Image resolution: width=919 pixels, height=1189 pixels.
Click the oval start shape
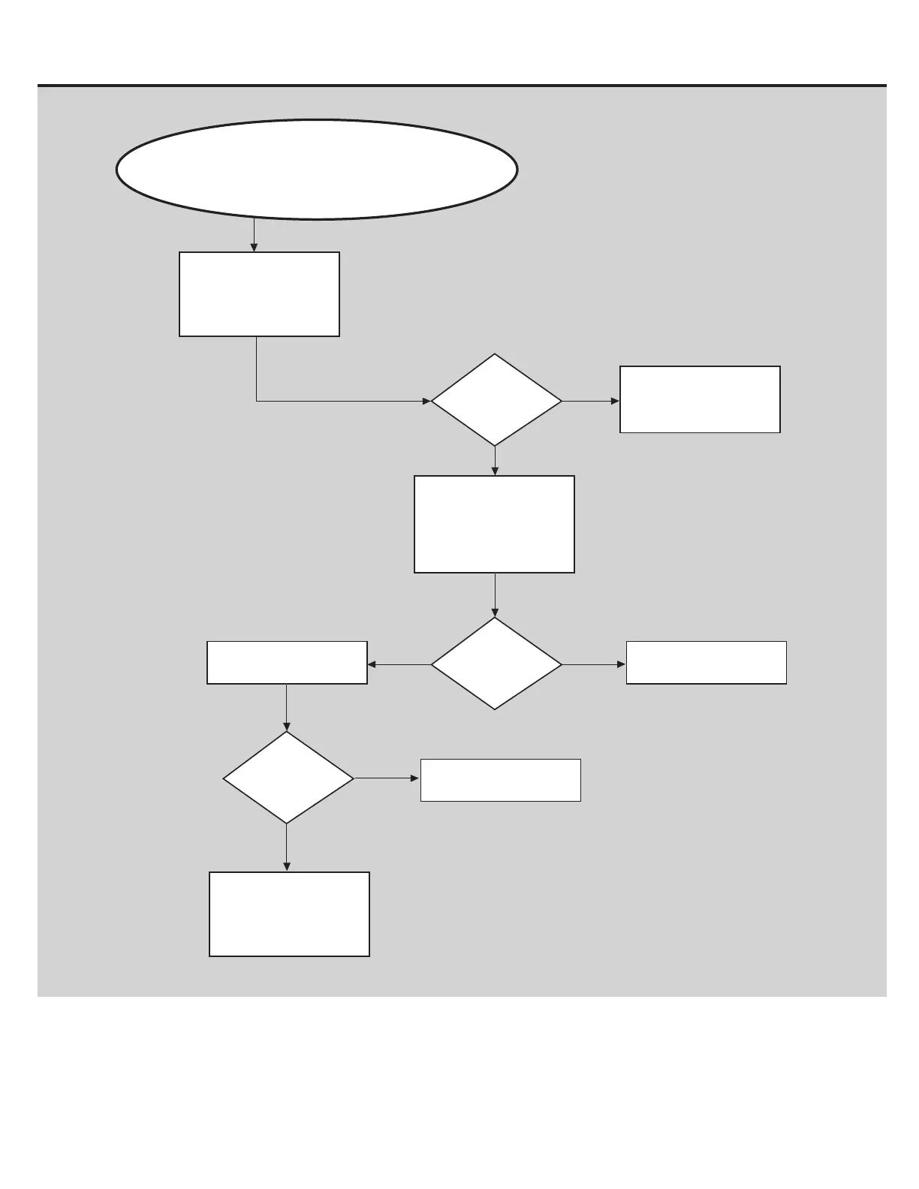point(316,169)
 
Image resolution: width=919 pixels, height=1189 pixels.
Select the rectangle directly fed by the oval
point(259,294)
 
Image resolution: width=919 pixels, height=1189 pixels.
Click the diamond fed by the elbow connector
point(496,401)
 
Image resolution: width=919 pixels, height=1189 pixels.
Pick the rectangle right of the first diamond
point(700,399)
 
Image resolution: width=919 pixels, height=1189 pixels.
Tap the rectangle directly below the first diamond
point(494,524)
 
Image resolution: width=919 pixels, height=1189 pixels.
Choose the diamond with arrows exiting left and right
point(496,664)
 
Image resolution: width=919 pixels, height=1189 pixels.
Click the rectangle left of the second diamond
point(287,663)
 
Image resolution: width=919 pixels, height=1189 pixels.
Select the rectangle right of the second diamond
point(706,663)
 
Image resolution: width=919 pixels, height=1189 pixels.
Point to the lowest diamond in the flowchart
point(288,778)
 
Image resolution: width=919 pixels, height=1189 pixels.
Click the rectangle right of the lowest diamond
point(500,781)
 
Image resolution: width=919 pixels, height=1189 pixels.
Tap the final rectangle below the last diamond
point(289,914)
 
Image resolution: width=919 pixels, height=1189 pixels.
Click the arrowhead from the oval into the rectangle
point(255,247)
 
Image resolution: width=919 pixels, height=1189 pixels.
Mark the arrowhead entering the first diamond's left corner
point(426,402)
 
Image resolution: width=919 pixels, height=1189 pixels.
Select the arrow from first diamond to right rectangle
point(591,402)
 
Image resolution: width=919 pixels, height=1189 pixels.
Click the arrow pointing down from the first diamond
point(495,461)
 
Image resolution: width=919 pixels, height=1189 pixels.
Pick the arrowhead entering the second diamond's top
point(495,613)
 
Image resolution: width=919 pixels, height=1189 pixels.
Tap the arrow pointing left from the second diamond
point(399,664)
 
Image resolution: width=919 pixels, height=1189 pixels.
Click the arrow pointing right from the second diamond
point(594,664)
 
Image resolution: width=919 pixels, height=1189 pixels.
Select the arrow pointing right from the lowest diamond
point(387,778)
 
